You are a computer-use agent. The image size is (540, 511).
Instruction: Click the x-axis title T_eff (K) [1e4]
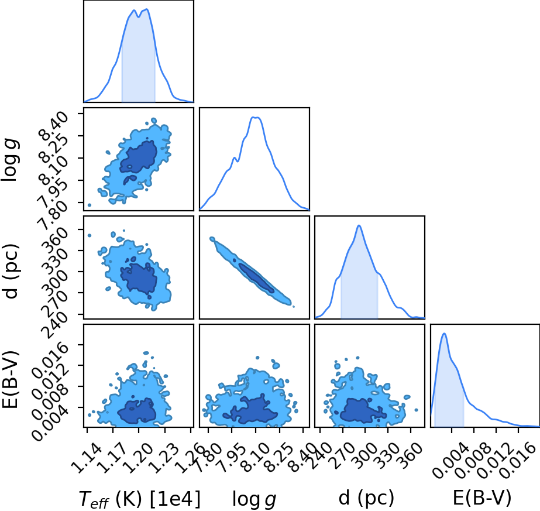pos(139,499)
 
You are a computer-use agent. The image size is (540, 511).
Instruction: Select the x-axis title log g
pos(254,499)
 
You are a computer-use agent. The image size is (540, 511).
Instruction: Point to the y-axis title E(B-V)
pos(11,379)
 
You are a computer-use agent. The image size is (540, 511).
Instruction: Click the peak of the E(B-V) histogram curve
pos(444,333)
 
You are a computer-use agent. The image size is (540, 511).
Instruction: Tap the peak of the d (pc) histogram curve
pos(359,225)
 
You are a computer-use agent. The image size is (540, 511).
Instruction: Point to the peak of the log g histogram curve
pos(256,118)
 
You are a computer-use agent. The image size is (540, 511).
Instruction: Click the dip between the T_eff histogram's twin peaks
pos(138,16)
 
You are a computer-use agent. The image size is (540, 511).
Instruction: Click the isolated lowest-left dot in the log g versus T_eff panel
pos(89,205)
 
